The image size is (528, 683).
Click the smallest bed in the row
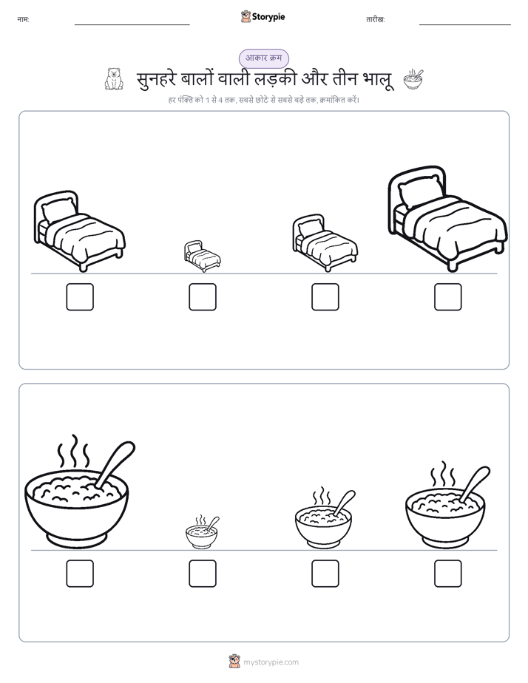point(202,256)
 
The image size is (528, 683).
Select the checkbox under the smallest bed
point(203,297)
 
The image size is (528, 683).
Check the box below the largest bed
point(448,297)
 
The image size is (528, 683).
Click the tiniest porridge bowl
point(202,532)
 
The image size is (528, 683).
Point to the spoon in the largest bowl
point(115,463)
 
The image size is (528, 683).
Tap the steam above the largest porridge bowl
point(74,451)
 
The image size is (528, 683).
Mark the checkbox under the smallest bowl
point(203,574)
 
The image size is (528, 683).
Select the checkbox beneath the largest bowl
point(80,574)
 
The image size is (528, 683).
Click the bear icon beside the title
point(114,79)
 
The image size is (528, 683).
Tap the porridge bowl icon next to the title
point(413,79)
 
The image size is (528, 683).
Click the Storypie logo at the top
point(263,17)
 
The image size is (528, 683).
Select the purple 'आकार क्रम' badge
point(263,58)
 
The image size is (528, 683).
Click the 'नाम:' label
point(23,20)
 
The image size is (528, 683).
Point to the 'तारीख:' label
point(376,20)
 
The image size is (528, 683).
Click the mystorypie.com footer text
point(271,662)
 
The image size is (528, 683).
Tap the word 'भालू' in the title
point(378,80)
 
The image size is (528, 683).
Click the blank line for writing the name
point(132,25)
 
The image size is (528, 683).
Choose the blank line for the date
point(465,25)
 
